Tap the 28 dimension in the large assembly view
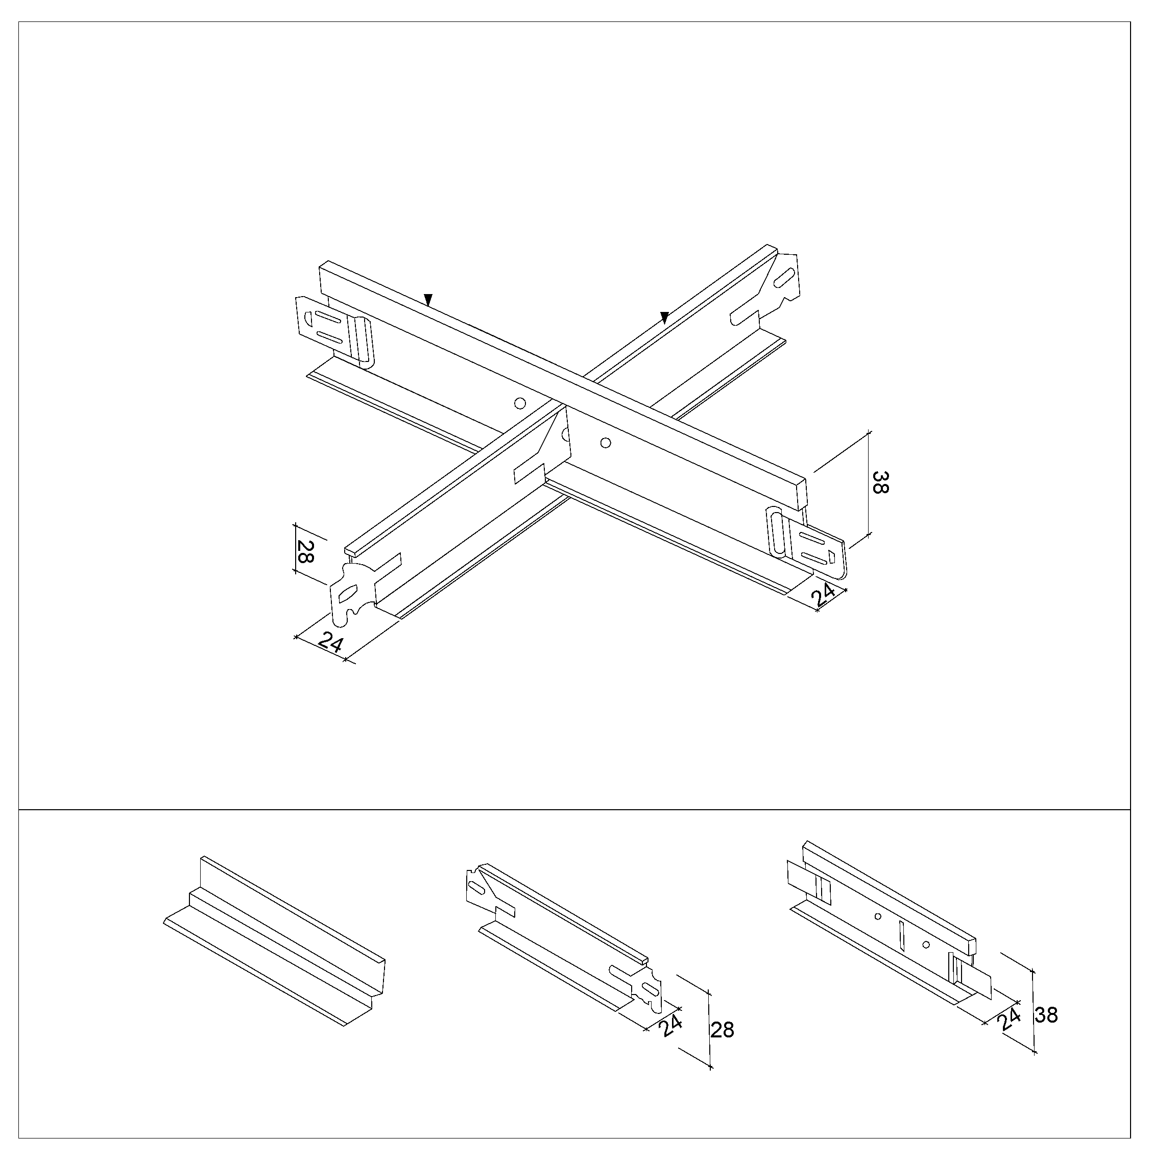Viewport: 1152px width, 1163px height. (x=306, y=551)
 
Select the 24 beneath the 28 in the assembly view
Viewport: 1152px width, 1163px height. (x=330, y=642)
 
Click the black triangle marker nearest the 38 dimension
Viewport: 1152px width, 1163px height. (x=664, y=317)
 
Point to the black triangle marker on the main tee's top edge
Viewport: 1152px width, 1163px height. (x=428, y=300)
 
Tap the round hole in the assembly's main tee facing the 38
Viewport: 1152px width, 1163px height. (x=606, y=444)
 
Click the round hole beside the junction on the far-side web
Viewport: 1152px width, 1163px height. (x=520, y=403)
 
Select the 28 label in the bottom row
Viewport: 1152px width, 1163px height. (x=722, y=1030)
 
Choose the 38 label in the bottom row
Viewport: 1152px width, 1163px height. (x=1046, y=1015)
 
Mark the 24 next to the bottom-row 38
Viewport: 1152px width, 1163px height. (x=1010, y=1019)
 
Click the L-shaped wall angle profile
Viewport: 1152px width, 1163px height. (x=274, y=941)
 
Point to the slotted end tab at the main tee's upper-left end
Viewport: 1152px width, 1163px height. (x=334, y=328)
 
